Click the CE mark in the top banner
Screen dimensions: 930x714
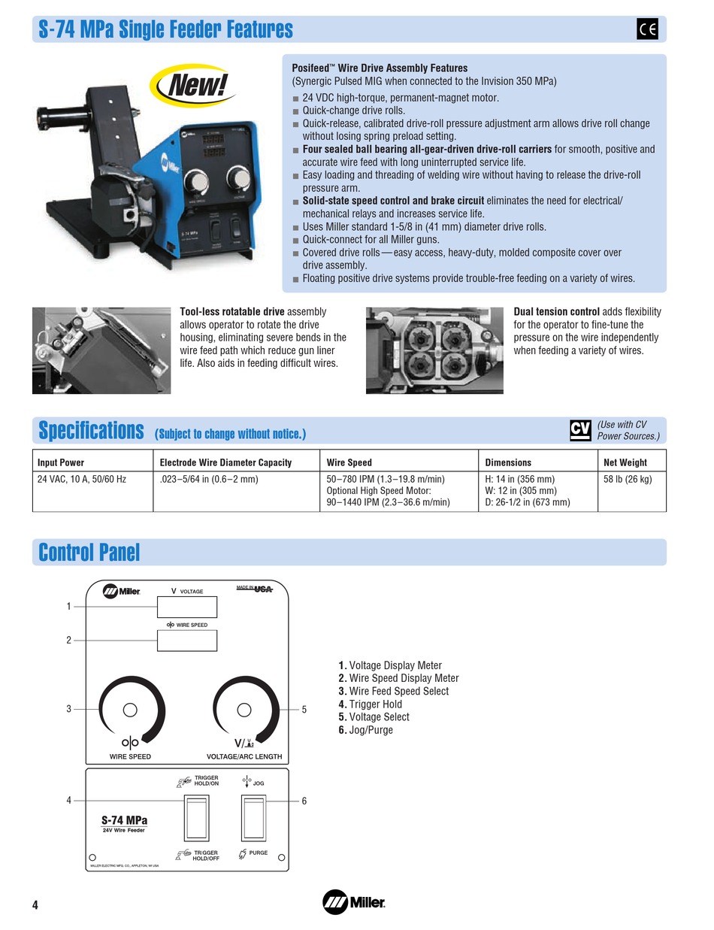(x=647, y=29)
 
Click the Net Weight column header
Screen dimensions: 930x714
(x=625, y=462)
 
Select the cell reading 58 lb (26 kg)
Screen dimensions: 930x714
(x=628, y=479)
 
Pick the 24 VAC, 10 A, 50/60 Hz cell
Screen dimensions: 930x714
(x=82, y=479)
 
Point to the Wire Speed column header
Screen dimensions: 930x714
(x=349, y=462)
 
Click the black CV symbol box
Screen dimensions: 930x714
(x=580, y=430)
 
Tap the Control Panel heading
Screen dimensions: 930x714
(x=89, y=553)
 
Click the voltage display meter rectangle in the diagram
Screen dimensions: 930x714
(x=186, y=607)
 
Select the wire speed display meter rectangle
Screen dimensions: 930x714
(x=186, y=640)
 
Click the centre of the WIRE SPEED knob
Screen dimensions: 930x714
(x=130, y=709)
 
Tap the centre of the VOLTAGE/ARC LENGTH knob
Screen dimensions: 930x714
(x=244, y=709)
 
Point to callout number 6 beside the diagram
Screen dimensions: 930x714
(x=304, y=801)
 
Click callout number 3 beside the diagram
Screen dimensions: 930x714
(x=68, y=709)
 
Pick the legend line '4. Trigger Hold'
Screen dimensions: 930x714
(x=370, y=704)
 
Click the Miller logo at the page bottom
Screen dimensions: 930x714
(x=353, y=901)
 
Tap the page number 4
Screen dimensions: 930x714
(x=35, y=904)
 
